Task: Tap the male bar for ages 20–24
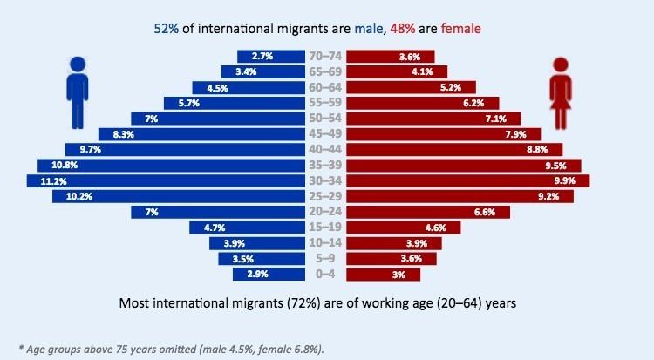pos(218,212)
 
